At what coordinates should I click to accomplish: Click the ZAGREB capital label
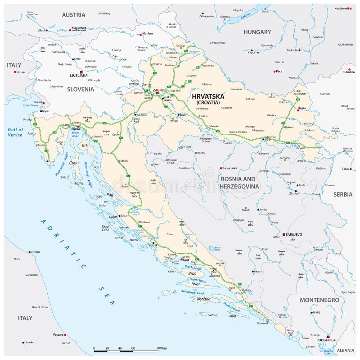pos(160,90)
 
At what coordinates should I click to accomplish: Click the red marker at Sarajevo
pos(283,235)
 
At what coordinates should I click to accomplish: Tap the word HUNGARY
pos(257,32)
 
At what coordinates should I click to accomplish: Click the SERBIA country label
pos(343,194)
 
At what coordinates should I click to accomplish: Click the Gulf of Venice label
pos(15,132)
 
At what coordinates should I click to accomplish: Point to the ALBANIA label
pos(346,350)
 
